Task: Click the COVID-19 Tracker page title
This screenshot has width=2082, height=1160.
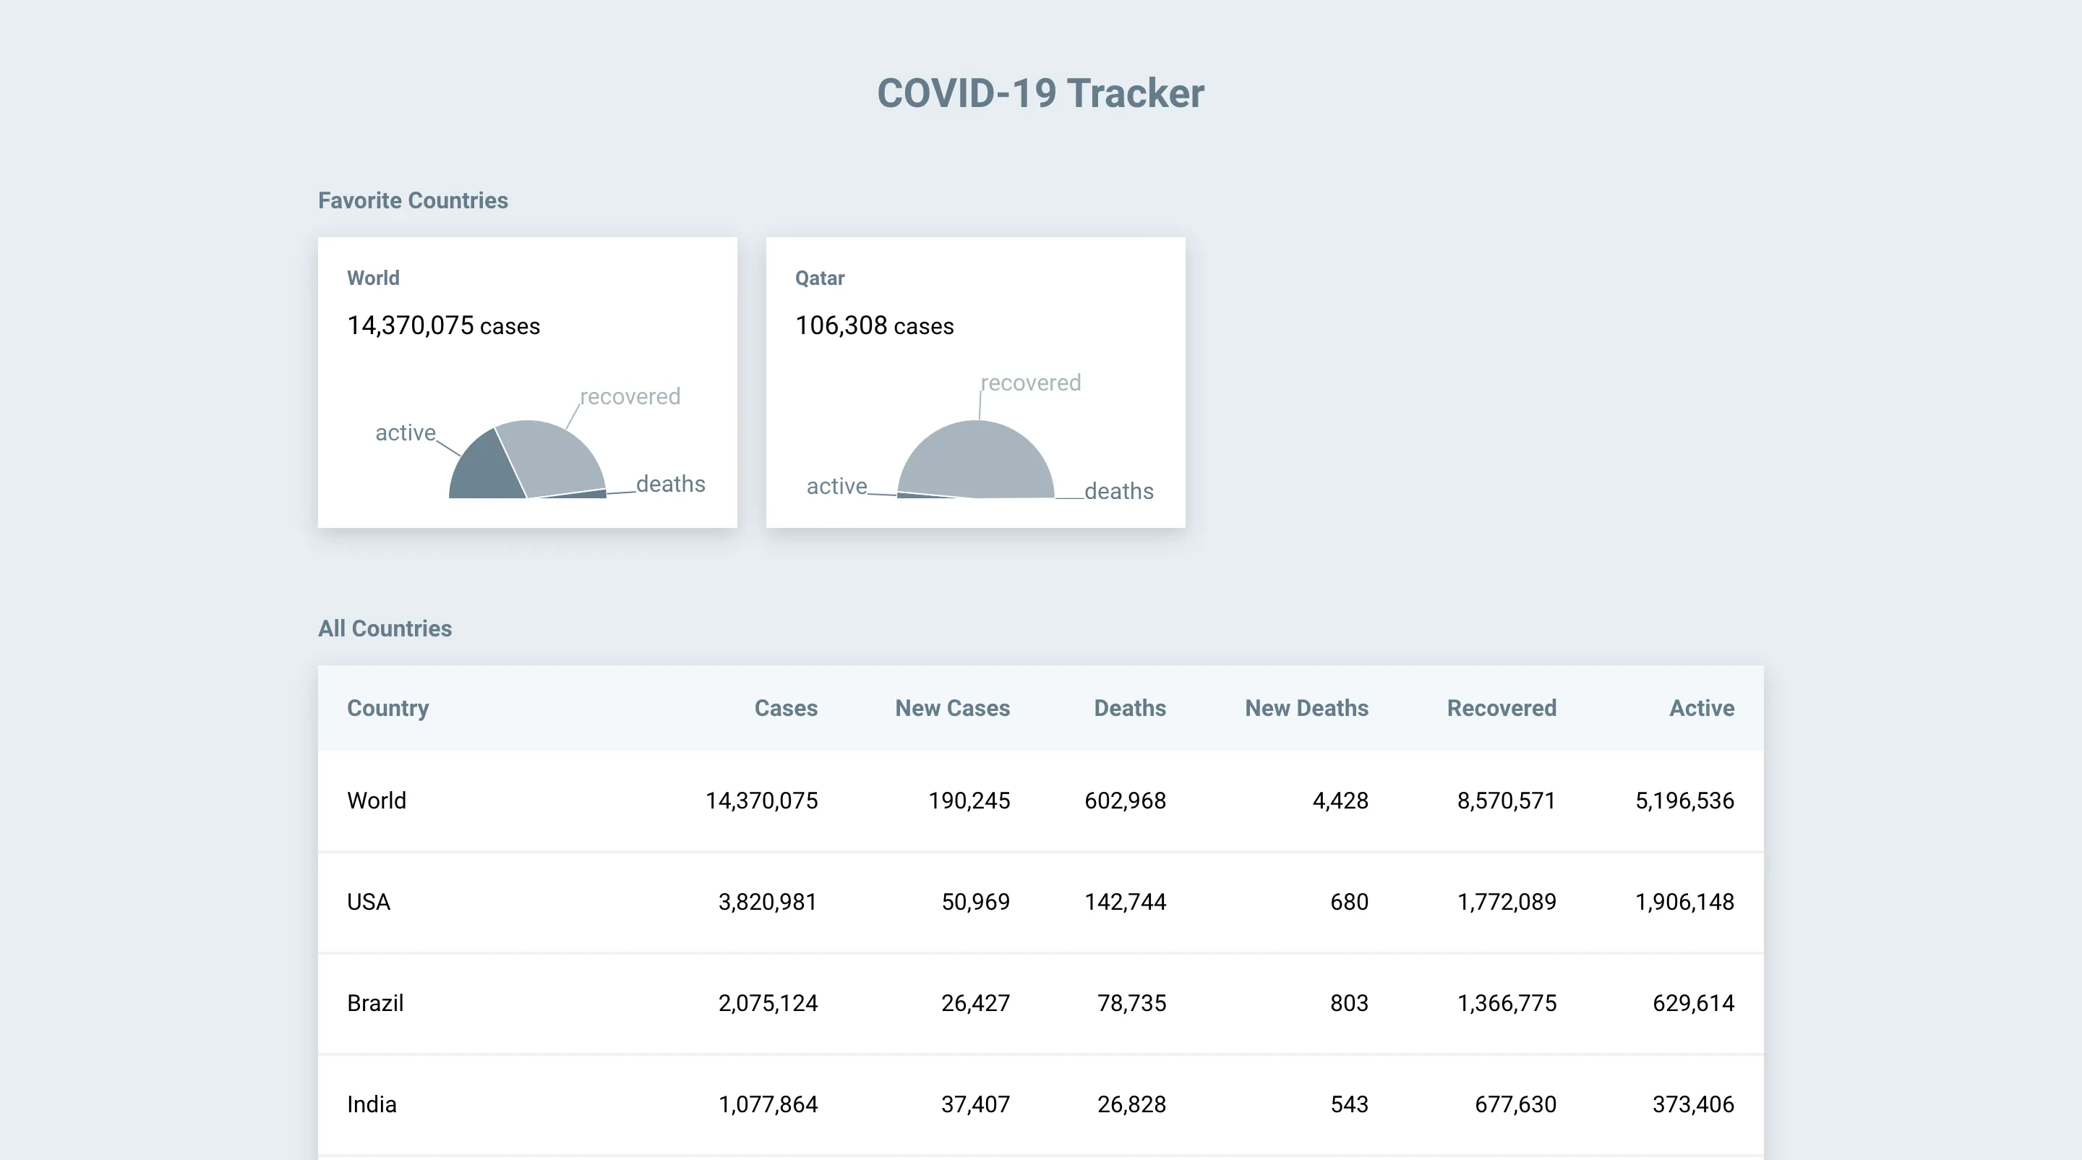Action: point(1040,93)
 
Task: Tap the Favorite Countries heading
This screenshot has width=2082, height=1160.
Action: point(412,200)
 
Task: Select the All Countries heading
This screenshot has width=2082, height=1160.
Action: point(385,628)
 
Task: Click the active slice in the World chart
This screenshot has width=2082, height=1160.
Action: point(485,472)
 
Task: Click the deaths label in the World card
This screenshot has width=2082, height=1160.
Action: point(670,485)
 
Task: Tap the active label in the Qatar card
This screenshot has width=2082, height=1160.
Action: point(836,486)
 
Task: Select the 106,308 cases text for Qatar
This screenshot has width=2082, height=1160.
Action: point(874,325)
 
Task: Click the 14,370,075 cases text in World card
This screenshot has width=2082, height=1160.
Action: point(443,325)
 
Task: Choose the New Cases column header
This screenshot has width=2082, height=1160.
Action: point(952,708)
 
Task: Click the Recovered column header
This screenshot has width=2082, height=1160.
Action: point(1501,708)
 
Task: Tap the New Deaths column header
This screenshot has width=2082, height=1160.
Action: point(1306,708)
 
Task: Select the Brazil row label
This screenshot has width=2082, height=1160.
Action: point(375,1003)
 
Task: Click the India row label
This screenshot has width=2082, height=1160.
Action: point(372,1104)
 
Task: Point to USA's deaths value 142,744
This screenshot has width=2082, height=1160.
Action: point(1125,902)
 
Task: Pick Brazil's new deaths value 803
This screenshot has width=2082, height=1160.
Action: point(1349,1003)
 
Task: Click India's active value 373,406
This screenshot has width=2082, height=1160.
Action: point(1692,1104)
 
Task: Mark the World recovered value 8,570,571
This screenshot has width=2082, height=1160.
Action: point(1506,801)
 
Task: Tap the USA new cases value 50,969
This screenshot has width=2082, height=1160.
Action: point(974,902)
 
